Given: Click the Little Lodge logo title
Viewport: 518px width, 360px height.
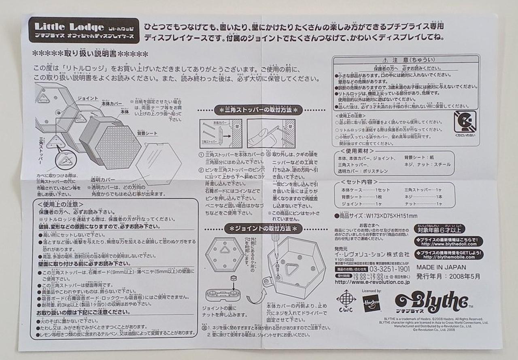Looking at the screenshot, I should coord(69,28).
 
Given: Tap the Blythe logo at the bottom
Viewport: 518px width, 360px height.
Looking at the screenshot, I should coord(431,302).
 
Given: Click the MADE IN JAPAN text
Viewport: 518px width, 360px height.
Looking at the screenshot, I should coord(441,267).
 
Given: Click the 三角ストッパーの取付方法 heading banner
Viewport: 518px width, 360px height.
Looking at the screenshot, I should coord(258,110).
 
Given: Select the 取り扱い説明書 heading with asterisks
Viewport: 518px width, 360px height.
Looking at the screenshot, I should coord(90,54).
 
